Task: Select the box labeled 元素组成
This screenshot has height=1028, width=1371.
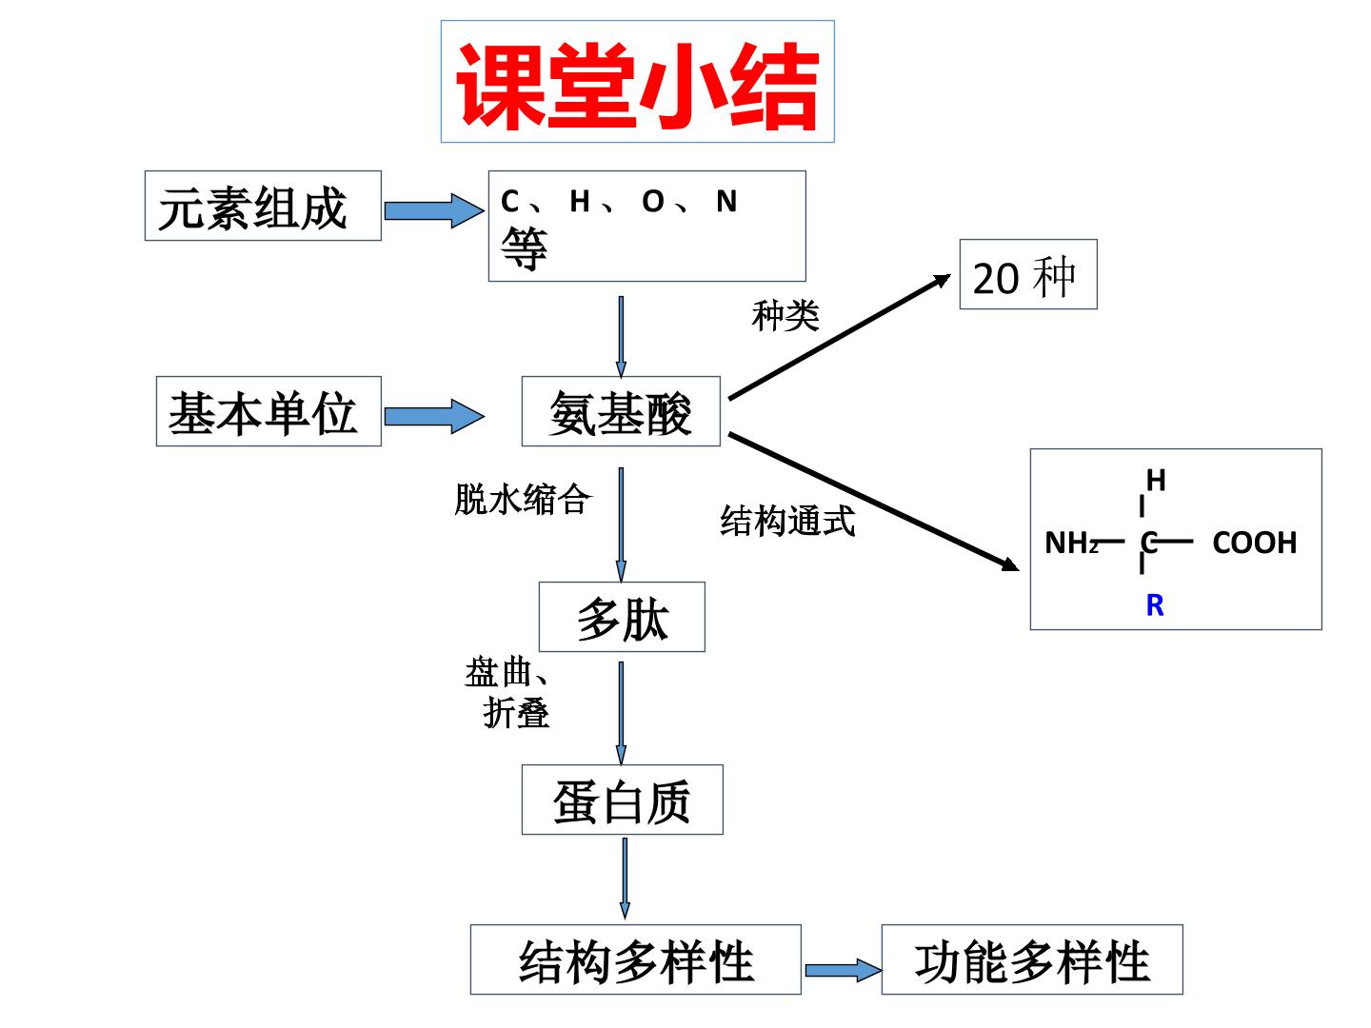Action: pos(263,206)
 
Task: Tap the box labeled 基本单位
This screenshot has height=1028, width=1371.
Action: pos(268,410)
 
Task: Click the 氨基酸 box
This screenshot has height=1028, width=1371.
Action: pos(621,410)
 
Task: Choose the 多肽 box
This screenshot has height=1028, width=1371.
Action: pos(622,617)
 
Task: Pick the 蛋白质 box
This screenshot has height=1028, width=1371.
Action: pos(622,800)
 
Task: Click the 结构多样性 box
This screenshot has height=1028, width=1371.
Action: pos(636,959)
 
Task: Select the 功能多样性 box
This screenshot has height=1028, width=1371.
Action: pos(1032,959)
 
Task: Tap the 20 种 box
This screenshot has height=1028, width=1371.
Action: pos(1028,274)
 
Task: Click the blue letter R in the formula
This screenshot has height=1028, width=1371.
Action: pos(1155,605)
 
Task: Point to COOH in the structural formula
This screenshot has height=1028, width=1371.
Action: pos(1254,543)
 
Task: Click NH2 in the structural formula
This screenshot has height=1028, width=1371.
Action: pos(1071,543)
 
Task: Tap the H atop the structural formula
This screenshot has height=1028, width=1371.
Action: pos(1156,481)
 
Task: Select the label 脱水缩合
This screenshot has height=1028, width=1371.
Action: pos(522,500)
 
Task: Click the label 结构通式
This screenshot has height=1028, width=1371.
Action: pos(787,521)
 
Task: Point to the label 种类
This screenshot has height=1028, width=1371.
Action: pos(785,315)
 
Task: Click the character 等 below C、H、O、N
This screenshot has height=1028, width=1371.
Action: pos(524,248)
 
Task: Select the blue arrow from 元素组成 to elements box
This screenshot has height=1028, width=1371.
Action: pos(434,211)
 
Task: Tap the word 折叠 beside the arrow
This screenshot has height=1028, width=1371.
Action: pos(516,713)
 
